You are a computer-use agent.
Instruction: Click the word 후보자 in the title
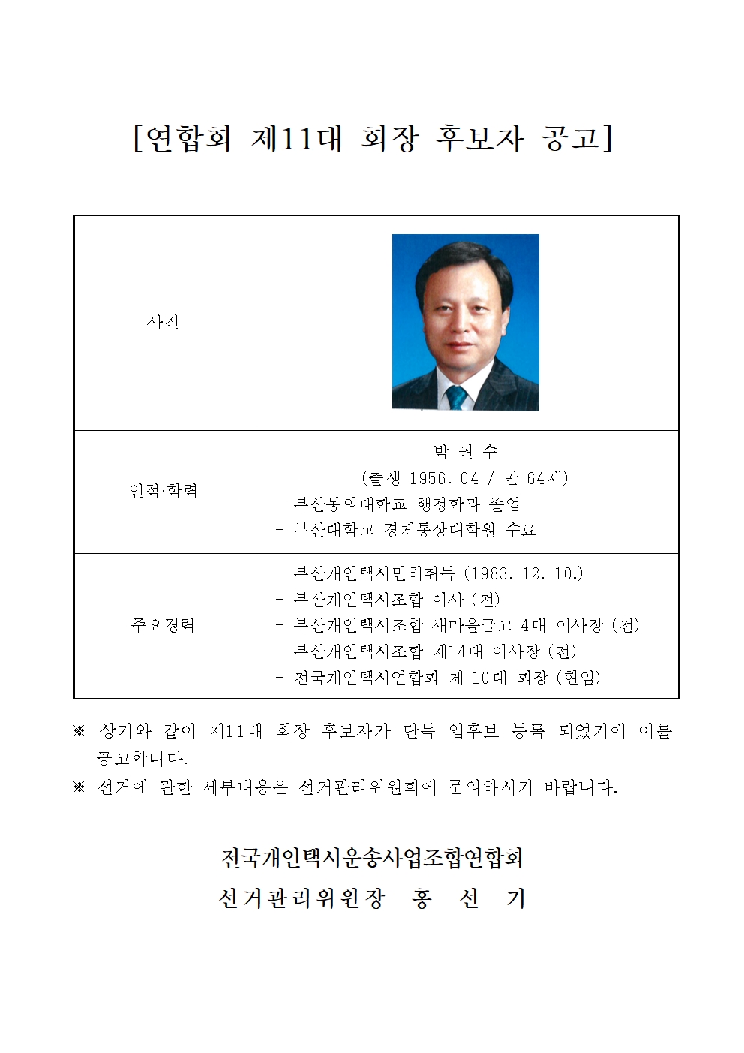pyautogui.click(x=478, y=138)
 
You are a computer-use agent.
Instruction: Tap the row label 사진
pyautogui.click(x=163, y=323)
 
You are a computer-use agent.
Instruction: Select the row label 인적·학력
pyautogui.click(x=163, y=491)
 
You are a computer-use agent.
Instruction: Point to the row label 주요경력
pyautogui.click(x=163, y=624)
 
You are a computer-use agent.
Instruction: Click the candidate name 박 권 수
pyautogui.click(x=465, y=452)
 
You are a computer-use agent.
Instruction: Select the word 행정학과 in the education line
pyautogui.click(x=448, y=504)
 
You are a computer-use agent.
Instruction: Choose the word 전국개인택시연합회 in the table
pyautogui.click(x=366, y=677)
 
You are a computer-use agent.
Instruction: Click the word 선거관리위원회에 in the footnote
pyautogui.click(x=367, y=787)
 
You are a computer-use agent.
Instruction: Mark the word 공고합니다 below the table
pyautogui.click(x=142, y=758)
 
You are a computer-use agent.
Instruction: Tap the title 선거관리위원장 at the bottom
pyautogui.click(x=301, y=898)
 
